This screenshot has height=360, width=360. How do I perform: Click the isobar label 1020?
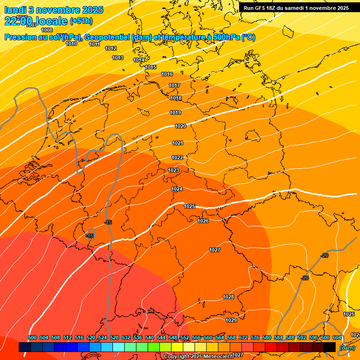tap(180, 126)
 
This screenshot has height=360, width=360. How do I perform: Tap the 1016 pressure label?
tap(167, 74)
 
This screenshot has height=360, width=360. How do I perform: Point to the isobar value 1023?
tap(173, 170)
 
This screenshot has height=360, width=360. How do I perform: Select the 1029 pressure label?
tap(231, 320)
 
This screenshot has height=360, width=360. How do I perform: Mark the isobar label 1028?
tap(228, 297)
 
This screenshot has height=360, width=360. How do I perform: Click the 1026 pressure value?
tap(203, 221)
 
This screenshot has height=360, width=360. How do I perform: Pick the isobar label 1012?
tap(111, 48)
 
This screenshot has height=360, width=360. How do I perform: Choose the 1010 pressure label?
tap(71, 44)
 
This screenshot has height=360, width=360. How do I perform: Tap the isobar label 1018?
tap(176, 98)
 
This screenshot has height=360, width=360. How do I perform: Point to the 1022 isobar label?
tap(177, 157)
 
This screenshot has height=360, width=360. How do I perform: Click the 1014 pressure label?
tap(139, 60)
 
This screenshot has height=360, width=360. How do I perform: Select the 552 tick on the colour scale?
tap(185, 337)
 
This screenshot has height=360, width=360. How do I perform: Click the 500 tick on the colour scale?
tap(32, 337)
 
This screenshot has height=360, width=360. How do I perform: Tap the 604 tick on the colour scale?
tap(337, 337)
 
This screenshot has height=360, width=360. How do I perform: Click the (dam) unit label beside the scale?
tap(346, 348)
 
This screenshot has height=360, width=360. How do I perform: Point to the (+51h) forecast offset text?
tap(81, 21)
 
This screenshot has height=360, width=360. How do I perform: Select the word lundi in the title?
tap(15, 9)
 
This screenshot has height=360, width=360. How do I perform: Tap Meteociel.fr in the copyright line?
tap(216, 357)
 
